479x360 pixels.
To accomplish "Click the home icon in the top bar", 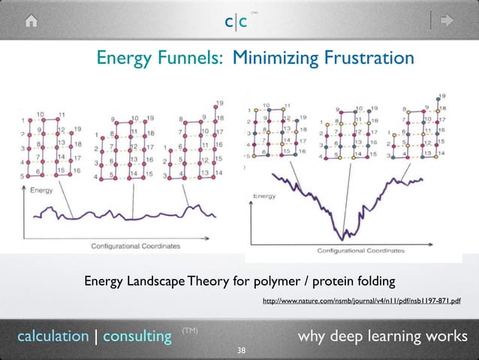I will click(32, 22).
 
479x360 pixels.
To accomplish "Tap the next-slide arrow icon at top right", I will click(448, 21).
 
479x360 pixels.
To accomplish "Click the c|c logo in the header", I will click(236, 23).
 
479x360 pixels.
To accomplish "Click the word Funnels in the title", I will click(191, 58).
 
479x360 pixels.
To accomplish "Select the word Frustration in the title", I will click(369, 58).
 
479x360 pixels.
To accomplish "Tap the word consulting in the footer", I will click(137, 336).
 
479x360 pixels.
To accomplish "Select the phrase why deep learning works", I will click(382, 335).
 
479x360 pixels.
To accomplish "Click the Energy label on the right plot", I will click(264, 195).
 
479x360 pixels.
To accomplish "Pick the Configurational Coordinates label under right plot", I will click(355, 250).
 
